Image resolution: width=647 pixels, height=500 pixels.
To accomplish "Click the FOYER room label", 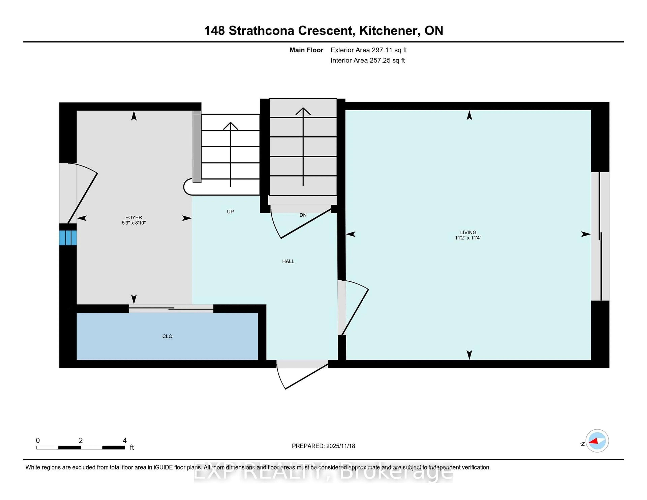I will pos(134,217).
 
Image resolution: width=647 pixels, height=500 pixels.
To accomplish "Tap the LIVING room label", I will pos(468,232).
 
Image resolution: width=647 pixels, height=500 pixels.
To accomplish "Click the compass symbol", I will pos(597,441).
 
